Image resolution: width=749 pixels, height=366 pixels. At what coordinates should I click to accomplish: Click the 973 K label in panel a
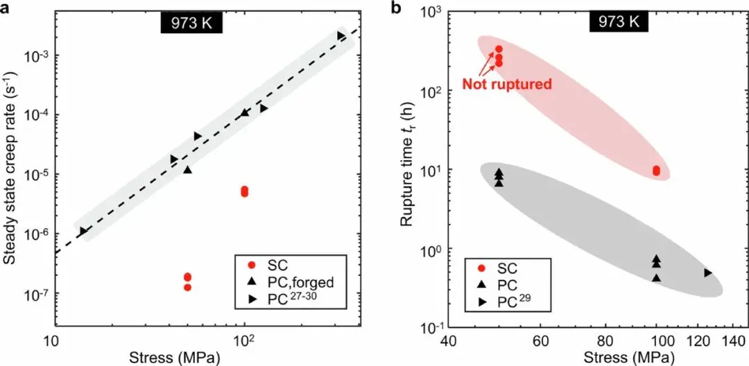click(191, 24)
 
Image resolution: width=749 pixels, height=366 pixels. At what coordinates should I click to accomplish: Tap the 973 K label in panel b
click(619, 22)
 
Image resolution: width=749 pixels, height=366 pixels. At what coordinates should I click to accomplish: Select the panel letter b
click(397, 7)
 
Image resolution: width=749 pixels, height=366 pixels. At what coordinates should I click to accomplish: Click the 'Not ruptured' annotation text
click(506, 85)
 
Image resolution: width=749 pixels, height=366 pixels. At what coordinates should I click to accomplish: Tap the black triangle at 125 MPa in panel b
click(707, 272)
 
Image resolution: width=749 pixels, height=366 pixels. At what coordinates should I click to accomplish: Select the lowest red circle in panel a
click(187, 287)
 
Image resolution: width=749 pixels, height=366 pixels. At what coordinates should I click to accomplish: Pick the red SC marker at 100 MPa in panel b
click(656, 171)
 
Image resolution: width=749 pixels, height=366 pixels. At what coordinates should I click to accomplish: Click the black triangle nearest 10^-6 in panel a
click(83, 231)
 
